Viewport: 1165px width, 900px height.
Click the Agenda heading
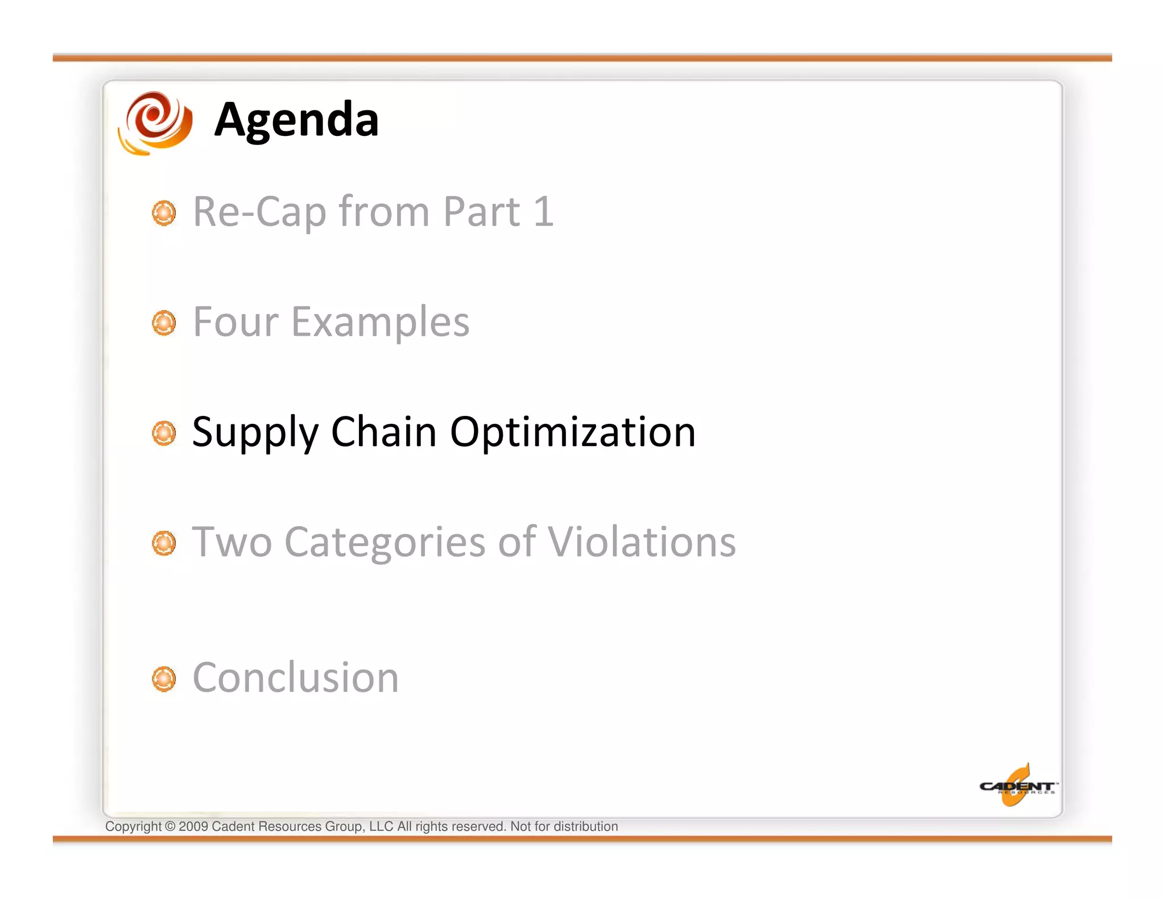tap(296, 120)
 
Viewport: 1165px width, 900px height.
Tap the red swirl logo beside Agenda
tap(155, 123)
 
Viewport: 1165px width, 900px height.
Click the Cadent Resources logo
tap(1018, 786)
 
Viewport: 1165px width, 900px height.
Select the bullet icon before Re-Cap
tap(164, 213)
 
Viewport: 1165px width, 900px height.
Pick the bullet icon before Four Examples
tap(164, 323)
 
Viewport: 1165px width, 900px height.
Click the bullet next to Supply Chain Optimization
tap(164, 434)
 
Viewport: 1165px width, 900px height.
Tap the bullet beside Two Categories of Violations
tap(164, 543)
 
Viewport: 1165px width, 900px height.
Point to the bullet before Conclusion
tap(164, 679)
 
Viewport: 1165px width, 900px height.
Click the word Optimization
tap(573, 432)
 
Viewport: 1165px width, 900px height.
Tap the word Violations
tap(642, 542)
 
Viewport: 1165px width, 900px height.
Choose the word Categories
tap(385, 543)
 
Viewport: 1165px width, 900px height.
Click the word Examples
tap(380, 323)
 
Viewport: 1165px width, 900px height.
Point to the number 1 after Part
tap(543, 212)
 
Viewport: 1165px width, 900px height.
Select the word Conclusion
tap(296, 678)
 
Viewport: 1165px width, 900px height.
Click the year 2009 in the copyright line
tap(193, 827)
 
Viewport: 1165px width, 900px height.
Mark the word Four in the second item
tap(236, 322)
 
